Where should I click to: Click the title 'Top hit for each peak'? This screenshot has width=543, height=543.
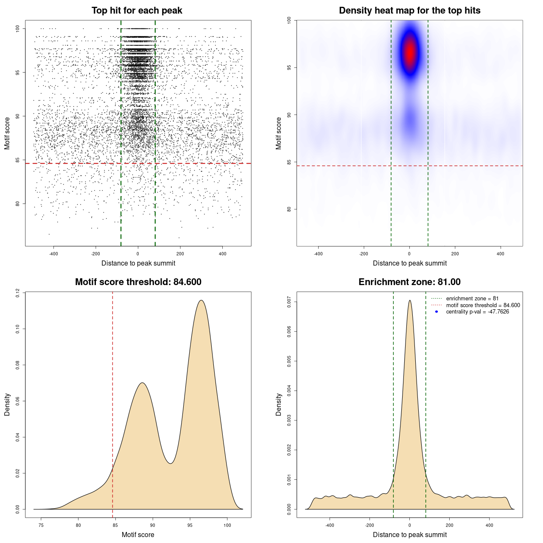click(x=137, y=11)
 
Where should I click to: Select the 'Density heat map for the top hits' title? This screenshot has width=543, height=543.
click(x=409, y=11)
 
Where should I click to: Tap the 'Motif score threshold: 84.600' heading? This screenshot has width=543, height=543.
click(x=138, y=282)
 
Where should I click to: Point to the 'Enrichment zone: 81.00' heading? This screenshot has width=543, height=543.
click(x=409, y=282)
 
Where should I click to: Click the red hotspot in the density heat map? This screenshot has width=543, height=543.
click(x=410, y=53)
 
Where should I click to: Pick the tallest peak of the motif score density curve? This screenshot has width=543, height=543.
click(x=201, y=300)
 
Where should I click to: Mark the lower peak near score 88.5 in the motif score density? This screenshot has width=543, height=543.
click(x=143, y=383)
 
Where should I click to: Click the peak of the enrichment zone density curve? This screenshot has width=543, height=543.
click(x=409, y=300)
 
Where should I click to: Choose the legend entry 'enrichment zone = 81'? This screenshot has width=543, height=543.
click(x=472, y=299)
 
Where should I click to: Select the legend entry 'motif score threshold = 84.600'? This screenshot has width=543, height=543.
click(x=483, y=305)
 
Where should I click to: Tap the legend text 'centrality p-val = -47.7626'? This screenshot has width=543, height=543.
click(x=477, y=312)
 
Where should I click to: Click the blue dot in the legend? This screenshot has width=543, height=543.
click(x=437, y=312)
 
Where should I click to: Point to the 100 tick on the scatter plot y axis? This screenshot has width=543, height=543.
click(x=17, y=28)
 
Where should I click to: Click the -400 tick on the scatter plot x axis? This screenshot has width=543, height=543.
click(x=53, y=254)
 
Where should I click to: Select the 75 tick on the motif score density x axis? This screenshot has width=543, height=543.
click(x=41, y=526)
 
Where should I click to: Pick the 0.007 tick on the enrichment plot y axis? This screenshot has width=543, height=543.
click(x=289, y=302)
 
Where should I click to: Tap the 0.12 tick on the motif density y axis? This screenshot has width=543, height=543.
click(x=17, y=293)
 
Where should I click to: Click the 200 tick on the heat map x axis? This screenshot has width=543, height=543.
click(x=455, y=254)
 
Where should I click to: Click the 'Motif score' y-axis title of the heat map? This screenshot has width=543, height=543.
click(x=279, y=133)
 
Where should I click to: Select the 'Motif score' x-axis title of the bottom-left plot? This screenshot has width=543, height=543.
click(x=138, y=535)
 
